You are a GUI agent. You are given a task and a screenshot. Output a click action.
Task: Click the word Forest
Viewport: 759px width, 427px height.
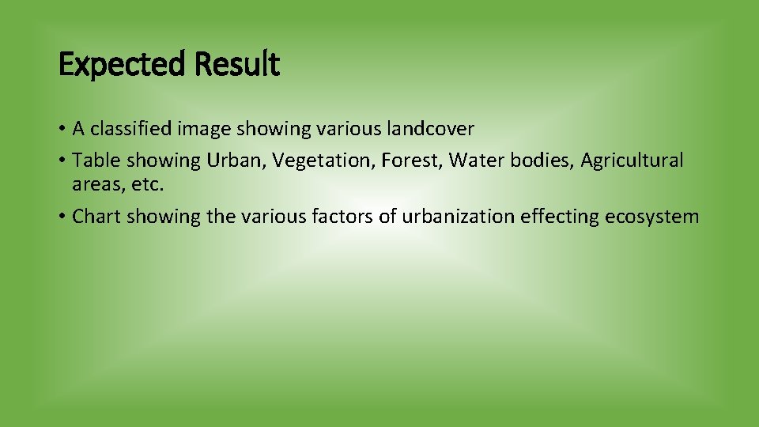411,161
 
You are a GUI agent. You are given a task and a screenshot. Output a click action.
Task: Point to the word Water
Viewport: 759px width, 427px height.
476,161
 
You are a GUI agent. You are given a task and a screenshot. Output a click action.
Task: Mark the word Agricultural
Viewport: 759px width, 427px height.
632,161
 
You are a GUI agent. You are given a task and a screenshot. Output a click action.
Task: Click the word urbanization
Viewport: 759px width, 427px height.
458,217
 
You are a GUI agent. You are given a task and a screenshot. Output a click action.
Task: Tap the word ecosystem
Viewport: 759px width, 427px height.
652,217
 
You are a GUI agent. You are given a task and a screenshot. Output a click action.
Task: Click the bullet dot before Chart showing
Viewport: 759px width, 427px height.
62,217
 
